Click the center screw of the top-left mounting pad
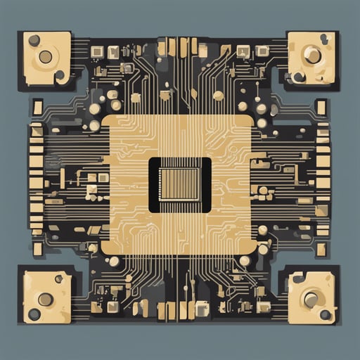[x=46, y=56]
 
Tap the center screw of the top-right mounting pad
[x=312, y=56]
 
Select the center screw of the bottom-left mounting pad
[x=46, y=300]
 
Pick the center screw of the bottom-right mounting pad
[x=311, y=300]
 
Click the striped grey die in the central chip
[x=180, y=185]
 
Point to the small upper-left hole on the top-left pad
[x=34, y=40]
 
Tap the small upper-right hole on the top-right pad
[x=324, y=39]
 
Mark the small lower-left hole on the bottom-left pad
[x=34, y=314]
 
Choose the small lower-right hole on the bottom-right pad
[x=325, y=314]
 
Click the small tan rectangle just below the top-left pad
[x=37, y=107]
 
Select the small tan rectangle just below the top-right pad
[x=321, y=107]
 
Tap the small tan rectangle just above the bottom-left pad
[x=37, y=249]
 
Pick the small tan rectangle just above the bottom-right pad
[x=321, y=249]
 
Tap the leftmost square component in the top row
[x=97, y=51]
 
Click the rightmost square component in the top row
[x=262, y=51]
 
